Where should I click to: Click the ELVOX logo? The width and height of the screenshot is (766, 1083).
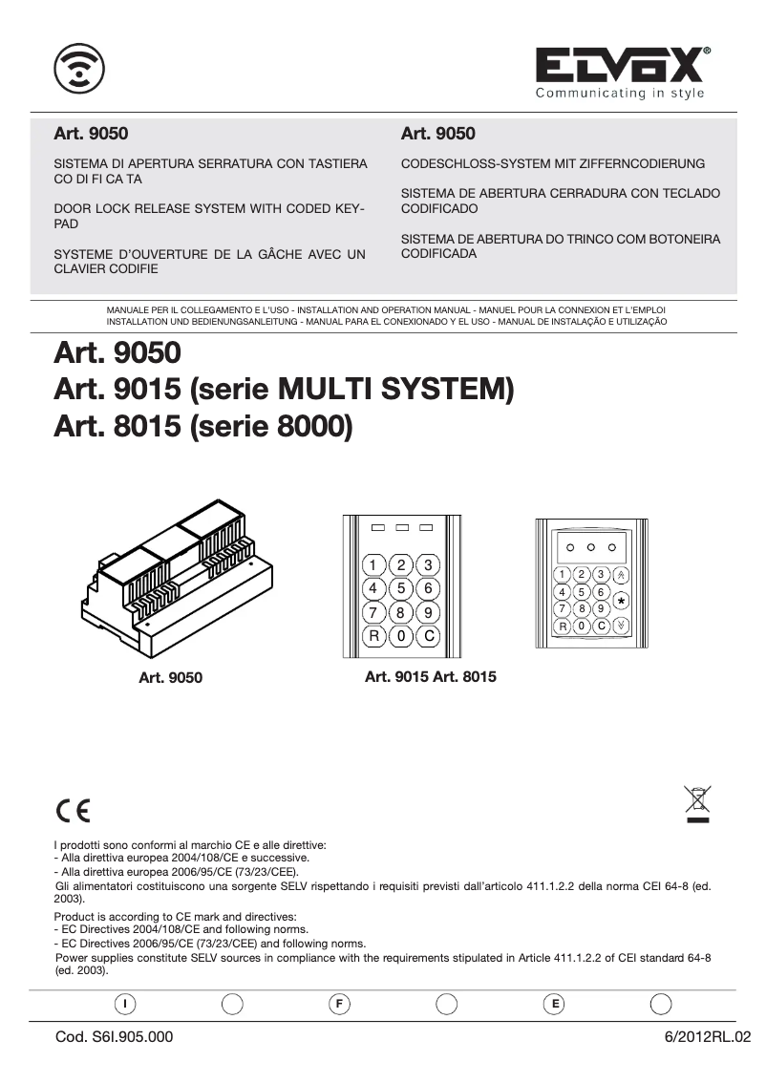[x=622, y=66]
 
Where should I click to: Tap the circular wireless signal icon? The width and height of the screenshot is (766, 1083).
[x=79, y=68]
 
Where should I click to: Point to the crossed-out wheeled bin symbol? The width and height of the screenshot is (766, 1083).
[x=697, y=802]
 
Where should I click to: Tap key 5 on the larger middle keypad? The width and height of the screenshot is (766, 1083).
[x=402, y=588]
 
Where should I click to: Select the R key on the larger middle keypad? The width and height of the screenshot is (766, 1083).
[x=374, y=635]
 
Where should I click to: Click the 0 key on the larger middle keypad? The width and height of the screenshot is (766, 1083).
[x=402, y=635]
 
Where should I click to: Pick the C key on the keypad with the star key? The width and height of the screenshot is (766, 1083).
[x=601, y=626]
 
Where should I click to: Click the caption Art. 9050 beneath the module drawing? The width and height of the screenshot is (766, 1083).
[x=171, y=678]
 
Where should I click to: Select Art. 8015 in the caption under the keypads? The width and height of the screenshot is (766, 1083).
[x=465, y=676]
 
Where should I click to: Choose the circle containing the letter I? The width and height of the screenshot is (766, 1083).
[x=124, y=1004]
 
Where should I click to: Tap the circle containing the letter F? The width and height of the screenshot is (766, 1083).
[x=338, y=1004]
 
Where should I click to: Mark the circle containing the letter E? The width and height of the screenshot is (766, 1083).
[x=553, y=1004]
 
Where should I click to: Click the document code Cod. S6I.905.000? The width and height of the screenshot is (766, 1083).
[x=115, y=1036]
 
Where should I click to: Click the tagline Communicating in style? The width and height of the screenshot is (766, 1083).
[x=620, y=93]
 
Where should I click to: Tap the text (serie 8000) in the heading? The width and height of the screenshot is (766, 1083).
[x=272, y=426]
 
